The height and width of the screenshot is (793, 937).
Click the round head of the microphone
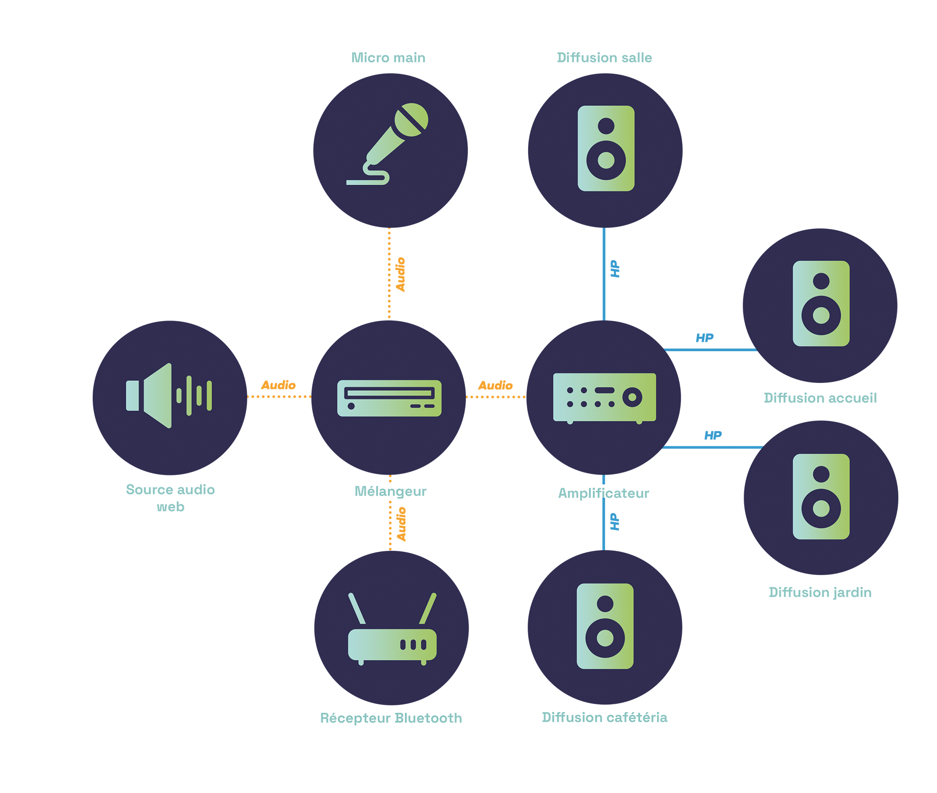click(x=411, y=119)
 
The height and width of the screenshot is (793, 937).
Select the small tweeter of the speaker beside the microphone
click(x=606, y=125)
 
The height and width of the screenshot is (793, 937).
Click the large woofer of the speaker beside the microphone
click(x=606, y=160)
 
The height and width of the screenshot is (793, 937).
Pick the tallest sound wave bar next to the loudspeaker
click(x=189, y=395)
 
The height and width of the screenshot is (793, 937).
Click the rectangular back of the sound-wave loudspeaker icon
click(x=132, y=395)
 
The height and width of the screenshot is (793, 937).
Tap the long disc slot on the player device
click(x=389, y=393)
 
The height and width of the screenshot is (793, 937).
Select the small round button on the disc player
click(x=351, y=406)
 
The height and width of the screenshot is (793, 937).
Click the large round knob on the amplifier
click(x=632, y=397)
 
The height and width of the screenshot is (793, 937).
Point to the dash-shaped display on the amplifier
click(x=604, y=390)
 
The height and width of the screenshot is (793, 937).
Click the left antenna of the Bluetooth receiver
click(x=357, y=609)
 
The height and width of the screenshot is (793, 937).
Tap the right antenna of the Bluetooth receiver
click(x=428, y=609)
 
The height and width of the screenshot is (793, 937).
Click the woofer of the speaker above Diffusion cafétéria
click(x=605, y=638)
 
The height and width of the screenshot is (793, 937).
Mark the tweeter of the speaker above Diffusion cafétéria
click(x=605, y=603)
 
